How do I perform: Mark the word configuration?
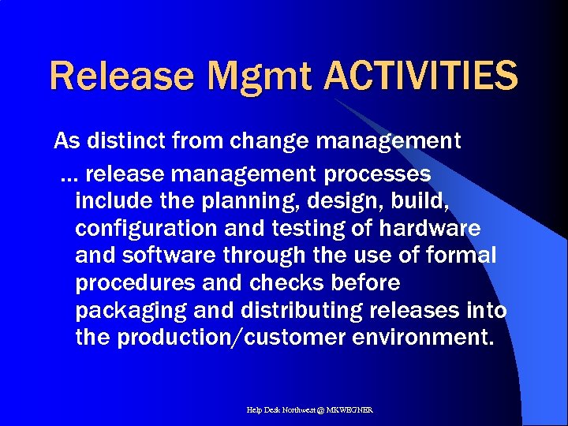tap(148, 228)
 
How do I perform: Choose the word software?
tap(172, 256)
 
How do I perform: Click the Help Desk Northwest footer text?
tap(310, 410)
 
